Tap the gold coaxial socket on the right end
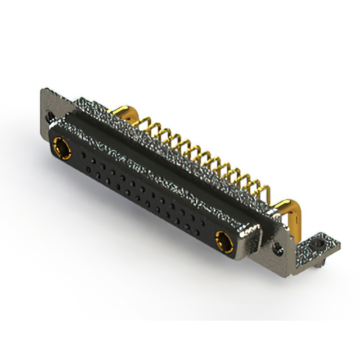[x=223, y=241]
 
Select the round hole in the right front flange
[x=276, y=246]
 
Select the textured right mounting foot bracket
[x=315, y=247]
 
